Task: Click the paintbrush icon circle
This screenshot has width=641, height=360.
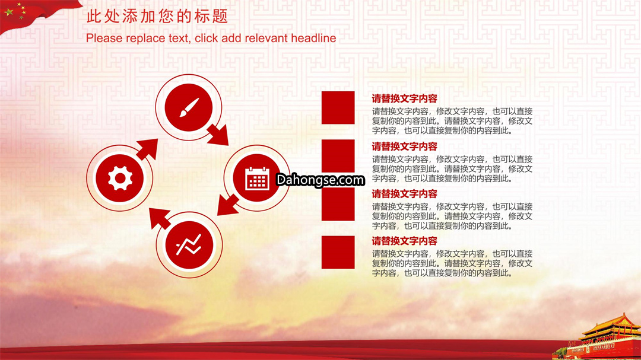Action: (189, 107)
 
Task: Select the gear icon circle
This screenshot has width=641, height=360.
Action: (119, 178)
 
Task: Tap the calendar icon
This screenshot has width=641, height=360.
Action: (257, 179)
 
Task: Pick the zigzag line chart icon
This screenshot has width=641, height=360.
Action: (189, 245)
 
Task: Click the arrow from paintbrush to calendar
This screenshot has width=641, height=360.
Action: (218, 135)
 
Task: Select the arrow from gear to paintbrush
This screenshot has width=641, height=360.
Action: (147, 149)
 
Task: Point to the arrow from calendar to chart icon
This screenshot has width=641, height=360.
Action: (228, 205)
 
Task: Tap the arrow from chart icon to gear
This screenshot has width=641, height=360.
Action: (160, 219)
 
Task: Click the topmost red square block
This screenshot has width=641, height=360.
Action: (338, 107)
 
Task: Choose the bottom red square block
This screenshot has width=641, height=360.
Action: (338, 252)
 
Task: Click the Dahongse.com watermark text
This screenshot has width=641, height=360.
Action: (320, 180)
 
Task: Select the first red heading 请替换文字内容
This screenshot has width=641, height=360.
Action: (404, 98)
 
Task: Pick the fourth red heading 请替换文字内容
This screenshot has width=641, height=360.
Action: (404, 241)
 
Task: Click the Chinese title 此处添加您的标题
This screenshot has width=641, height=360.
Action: (157, 17)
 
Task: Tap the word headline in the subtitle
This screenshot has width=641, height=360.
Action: (313, 38)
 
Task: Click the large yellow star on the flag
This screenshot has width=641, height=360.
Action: (8, 12)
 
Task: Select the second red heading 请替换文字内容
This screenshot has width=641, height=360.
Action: (404, 146)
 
